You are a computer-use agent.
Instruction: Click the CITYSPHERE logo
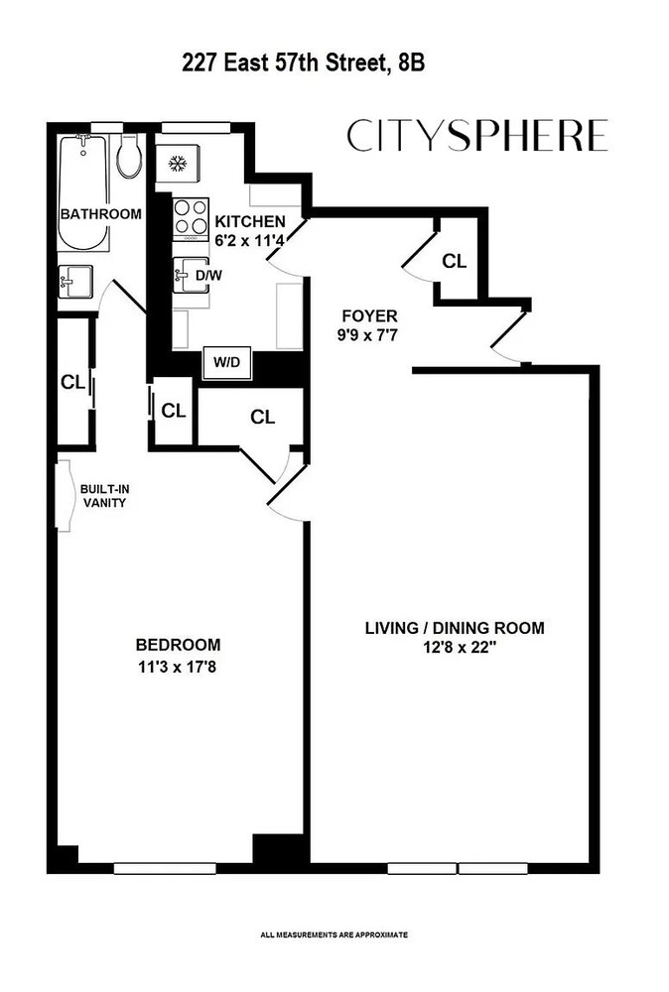(x=476, y=136)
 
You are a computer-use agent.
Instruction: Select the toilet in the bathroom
(x=127, y=158)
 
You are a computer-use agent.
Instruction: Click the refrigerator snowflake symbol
(x=179, y=163)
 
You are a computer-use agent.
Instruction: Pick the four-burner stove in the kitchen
(x=186, y=219)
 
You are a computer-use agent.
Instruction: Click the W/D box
(x=226, y=364)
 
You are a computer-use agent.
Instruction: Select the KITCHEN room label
(x=251, y=221)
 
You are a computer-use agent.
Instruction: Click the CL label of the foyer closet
(x=455, y=262)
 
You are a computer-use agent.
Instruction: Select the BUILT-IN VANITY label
(x=103, y=495)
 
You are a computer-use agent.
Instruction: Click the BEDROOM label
(x=179, y=644)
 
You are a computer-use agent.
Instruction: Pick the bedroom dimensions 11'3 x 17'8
(x=179, y=667)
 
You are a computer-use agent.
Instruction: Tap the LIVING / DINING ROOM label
(x=455, y=628)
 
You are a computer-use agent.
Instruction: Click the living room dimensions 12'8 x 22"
(x=455, y=650)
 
